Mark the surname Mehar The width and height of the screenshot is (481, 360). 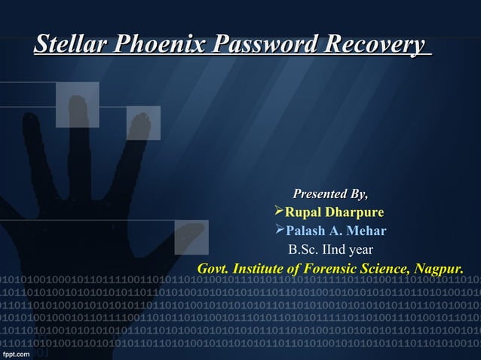click(x=366, y=230)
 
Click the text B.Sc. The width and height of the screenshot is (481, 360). click(x=306, y=249)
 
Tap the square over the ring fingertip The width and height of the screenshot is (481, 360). click(x=142, y=123)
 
